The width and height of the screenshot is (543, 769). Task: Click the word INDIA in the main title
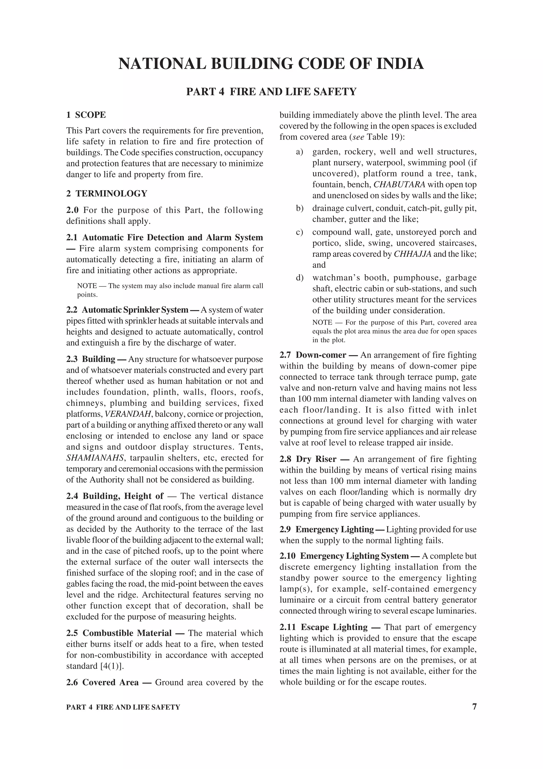click(x=400, y=64)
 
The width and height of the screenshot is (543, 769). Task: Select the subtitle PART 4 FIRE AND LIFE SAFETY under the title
click(x=271, y=92)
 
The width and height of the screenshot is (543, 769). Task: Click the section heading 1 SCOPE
click(x=86, y=115)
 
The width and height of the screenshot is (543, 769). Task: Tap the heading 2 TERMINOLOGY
click(x=107, y=194)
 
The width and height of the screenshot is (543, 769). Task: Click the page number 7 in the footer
click(x=474, y=707)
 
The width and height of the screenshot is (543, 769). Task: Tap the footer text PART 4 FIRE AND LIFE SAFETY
click(x=123, y=707)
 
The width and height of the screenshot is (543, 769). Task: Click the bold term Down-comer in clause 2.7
click(x=321, y=355)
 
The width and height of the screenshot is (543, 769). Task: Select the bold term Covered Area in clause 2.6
click(x=110, y=682)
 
